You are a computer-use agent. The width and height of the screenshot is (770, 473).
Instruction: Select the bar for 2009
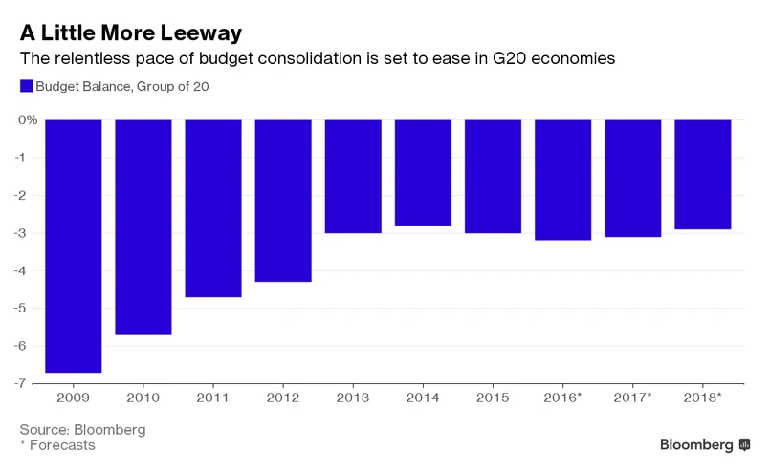(74, 246)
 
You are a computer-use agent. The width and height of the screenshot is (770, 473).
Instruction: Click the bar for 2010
(143, 227)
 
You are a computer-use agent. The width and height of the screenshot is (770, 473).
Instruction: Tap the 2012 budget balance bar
(283, 201)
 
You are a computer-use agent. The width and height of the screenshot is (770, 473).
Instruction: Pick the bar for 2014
(423, 173)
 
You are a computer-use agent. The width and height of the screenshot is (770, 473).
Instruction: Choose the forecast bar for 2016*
(562, 180)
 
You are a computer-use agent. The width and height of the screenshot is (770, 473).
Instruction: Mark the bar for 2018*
(703, 175)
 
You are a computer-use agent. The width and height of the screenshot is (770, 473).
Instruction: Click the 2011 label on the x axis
(213, 397)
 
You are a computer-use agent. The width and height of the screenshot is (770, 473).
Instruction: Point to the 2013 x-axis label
(353, 397)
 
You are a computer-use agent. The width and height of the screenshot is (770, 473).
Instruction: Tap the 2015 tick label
(493, 397)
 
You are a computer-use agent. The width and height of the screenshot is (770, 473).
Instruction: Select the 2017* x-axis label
(633, 397)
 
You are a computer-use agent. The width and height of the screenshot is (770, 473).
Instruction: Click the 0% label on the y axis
(26, 120)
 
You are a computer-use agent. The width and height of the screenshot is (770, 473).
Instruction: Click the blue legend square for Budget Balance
(26, 86)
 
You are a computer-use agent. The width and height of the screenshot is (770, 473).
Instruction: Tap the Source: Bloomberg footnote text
(82, 429)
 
